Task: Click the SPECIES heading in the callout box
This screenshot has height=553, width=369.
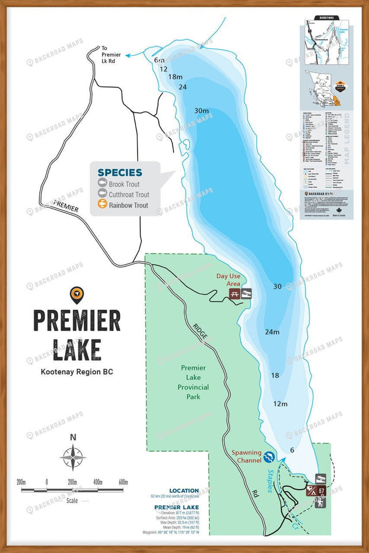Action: tap(120, 172)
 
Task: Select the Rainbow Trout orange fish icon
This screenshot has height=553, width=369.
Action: tap(101, 204)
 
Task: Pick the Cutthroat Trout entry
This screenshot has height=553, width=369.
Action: tap(129, 195)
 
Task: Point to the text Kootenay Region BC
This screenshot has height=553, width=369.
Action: tap(77, 372)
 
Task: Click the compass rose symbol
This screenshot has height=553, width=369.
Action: tap(73, 458)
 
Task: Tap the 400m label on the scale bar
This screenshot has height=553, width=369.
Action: tap(98, 482)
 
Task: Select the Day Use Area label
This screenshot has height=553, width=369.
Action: tap(229, 281)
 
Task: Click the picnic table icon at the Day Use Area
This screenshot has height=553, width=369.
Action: tap(235, 294)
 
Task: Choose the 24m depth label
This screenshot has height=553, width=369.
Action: tap(272, 332)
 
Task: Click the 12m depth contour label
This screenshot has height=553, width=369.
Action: tap(280, 404)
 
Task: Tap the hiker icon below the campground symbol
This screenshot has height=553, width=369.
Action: tap(321, 502)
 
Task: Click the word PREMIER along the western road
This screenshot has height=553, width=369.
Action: tap(65, 206)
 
